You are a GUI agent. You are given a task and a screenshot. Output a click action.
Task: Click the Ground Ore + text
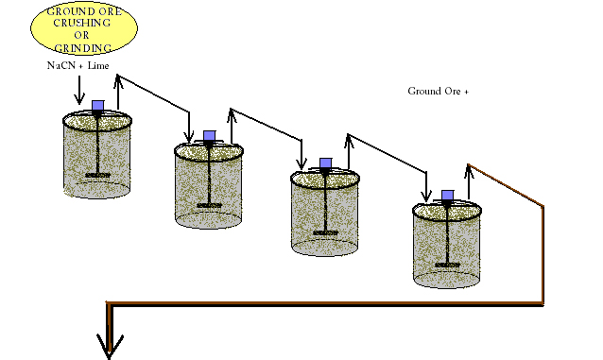point(438,92)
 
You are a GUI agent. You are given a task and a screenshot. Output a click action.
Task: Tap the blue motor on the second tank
point(211,136)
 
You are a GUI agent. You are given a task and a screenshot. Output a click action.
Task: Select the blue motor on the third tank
point(325,163)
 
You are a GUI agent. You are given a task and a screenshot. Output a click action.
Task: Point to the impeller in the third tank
point(325,232)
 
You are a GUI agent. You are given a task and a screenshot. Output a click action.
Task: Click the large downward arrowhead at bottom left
point(111,347)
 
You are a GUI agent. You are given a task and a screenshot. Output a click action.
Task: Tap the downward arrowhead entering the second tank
point(190,135)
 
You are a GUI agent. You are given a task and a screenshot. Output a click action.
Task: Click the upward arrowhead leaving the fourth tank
point(469,168)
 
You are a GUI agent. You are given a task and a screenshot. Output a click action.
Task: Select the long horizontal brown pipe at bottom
point(321,303)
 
